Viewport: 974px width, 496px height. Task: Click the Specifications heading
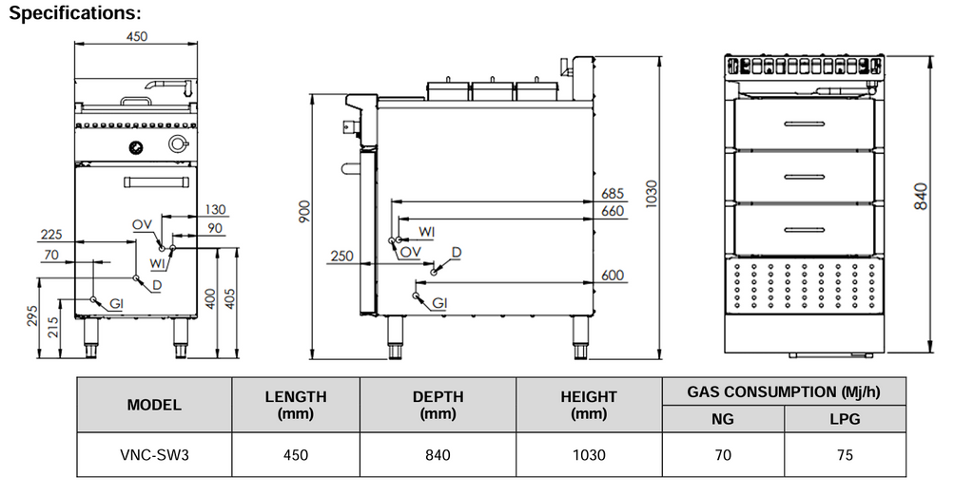pyautogui.click(x=75, y=13)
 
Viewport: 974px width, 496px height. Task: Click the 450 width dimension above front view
pyautogui.click(x=137, y=37)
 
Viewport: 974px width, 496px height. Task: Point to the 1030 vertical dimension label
pyautogui.click(x=650, y=195)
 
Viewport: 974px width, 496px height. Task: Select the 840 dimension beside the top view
pyautogui.click(x=921, y=196)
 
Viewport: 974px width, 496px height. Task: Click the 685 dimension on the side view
pyautogui.click(x=613, y=194)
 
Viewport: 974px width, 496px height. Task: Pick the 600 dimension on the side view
pyautogui.click(x=613, y=276)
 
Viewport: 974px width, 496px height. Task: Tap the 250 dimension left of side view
pyautogui.click(x=341, y=257)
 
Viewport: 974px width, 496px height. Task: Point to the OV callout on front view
pyautogui.click(x=142, y=224)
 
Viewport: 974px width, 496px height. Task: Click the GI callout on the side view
pyautogui.click(x=439, y=303)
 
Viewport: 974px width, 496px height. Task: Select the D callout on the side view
pyautogui.click(x=457, y=252)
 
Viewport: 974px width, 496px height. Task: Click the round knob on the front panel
pyautogui.click(x=176, y=144)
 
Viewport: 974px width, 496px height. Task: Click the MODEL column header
pyautogui.click(x=154, y=404)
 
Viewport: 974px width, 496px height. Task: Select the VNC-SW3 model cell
pyautogui.click(x=154, y=455)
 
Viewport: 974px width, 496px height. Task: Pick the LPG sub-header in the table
pyautogui.click(x=845, y=418)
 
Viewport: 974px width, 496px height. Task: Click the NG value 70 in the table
pyautogui.click(x=723, y=455)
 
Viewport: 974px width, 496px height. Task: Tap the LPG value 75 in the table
pyautogui.click(x=845, y=455)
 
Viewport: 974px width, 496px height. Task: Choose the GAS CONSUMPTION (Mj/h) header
pyautogui.click(x=784, y=391)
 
